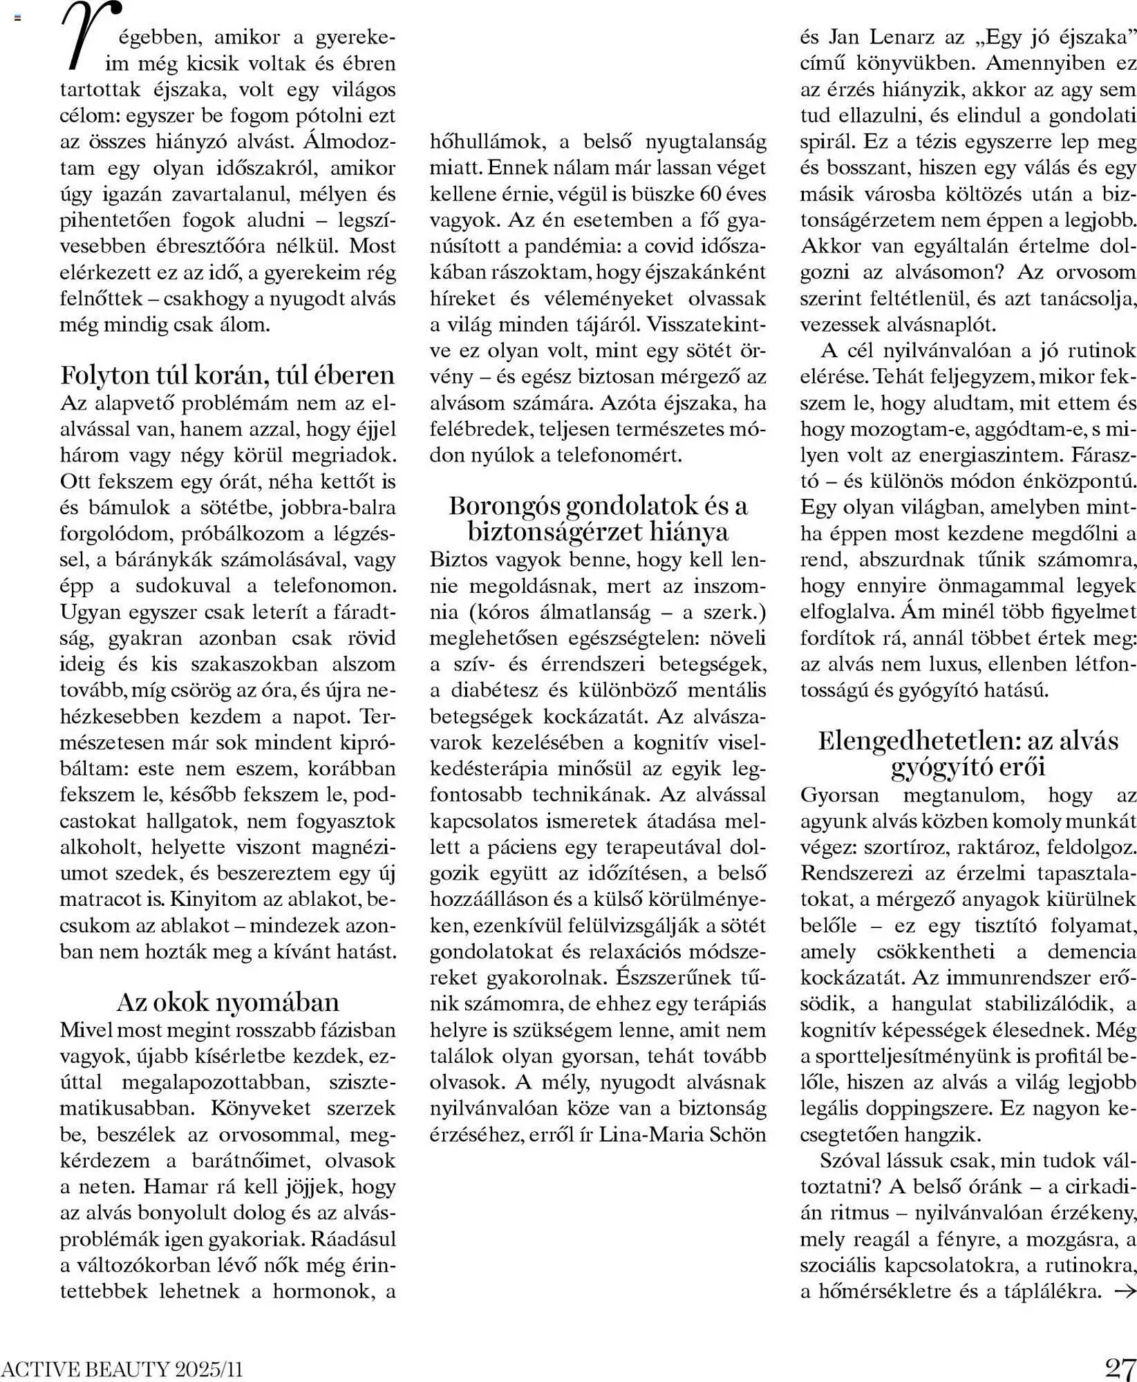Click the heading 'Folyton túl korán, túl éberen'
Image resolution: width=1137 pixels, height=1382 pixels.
click(x=228, y=375)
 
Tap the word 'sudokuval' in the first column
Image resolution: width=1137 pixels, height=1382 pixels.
click(x=182, y=586)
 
